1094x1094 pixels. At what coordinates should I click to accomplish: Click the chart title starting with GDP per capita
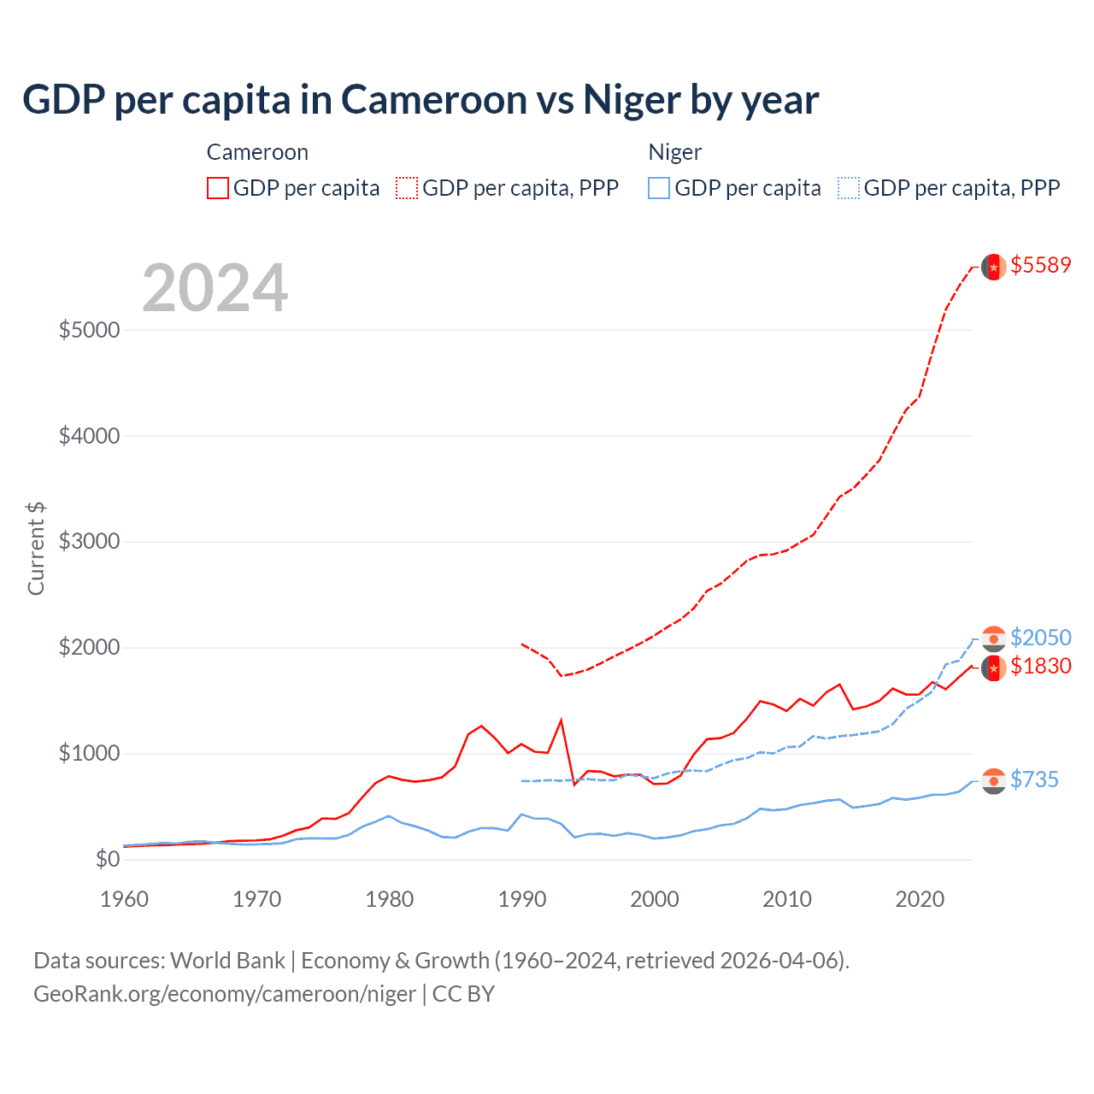(x=421, y=100)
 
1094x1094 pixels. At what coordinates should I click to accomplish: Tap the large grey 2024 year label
(x=215, y=288)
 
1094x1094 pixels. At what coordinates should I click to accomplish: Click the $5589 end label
(x=1040, y=265)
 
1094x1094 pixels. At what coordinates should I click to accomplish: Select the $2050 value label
(x=1040, y=638)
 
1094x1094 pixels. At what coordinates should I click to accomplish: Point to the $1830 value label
(x=1040, y=666)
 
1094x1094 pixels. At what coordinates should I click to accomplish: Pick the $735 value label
(x=1034, y=779)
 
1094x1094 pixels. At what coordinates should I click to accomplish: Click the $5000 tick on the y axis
(x=89, y=330)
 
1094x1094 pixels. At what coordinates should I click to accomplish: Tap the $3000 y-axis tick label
(x=89, y=542)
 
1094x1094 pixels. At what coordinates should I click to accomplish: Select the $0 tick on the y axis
(x=107, y=859)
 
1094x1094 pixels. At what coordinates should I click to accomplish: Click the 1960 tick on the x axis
(x=125, y=899)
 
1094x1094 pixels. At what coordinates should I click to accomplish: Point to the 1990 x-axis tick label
(x=522, y=899)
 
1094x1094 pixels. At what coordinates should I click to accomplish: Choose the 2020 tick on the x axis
(x=920, y=899)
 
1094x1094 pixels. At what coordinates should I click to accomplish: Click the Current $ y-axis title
(x=36, y=549)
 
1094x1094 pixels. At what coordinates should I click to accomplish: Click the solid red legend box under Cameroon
(x=218, y=188)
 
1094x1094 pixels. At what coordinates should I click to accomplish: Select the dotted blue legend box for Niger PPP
(x=849, y=188)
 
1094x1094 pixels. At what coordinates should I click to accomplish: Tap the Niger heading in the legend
(x=674, y=152)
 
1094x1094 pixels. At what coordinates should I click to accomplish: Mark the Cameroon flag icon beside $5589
(x=993, y=267)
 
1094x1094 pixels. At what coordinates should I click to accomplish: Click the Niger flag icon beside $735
(x=993, y=781)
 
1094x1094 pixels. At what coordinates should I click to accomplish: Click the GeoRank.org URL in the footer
(x=225, y=994)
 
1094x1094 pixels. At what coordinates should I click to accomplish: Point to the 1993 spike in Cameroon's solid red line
(x=562, y=721)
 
